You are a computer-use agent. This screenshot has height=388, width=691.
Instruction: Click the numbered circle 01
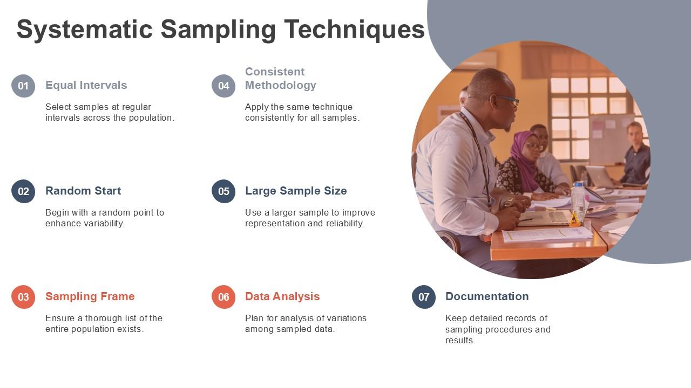click(x=23, y=86)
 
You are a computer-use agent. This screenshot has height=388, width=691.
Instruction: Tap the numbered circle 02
click(x=23, y=191)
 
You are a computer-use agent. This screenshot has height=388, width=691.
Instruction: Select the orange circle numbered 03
click(x=23, y=297)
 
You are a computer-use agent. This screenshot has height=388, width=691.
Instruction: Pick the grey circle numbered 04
click(x=223, y=86)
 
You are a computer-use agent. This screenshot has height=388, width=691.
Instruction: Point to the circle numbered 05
click(x=223, y=191)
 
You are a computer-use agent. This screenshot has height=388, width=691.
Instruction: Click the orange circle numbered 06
click(x=223, y=297)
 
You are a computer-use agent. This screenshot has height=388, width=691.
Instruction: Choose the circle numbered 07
click(x=424, y=297)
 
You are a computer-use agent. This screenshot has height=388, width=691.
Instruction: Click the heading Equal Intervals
click(x=86, y=85)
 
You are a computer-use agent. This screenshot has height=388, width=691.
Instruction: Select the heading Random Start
click(x=83, y=191)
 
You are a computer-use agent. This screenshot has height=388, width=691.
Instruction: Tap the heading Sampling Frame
click(x=90, y=296)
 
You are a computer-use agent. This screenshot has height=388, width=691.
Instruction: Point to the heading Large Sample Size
click(x=296, y=191)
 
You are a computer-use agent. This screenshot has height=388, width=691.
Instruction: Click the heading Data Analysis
click(x=282, y=296)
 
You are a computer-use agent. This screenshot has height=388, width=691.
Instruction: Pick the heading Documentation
click(x=487, y=296)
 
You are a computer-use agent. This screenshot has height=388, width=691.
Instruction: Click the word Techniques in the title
click(x=355, y=30)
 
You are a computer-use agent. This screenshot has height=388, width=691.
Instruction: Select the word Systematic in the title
click(x=85, y=30)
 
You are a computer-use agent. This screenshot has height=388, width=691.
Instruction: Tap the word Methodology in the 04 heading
click(x=281, y=85)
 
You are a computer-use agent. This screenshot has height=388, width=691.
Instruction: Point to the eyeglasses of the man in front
click(x=507, y=100)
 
